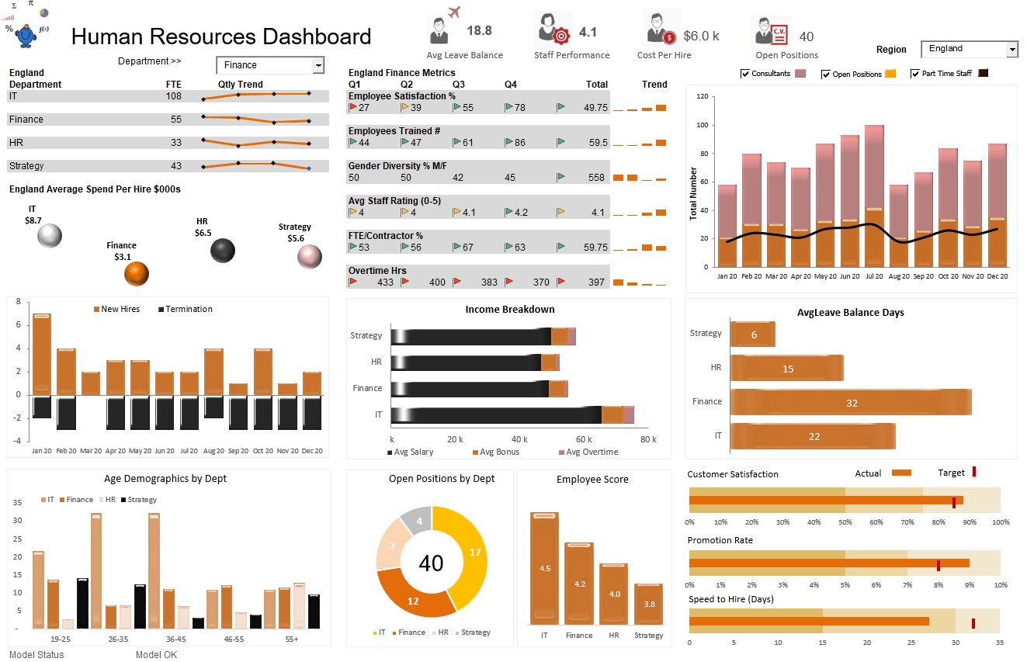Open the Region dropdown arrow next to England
(x=1011, y=50)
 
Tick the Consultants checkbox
(x=745, y=74)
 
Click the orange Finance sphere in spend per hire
(x=136, y=273)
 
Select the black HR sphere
(x=222, y=250)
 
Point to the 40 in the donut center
(x=431, y=563)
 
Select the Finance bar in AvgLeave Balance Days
(x=850, y=402)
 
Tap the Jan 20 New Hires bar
(x=41, y=354)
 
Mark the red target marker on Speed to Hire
(x=973, y=622)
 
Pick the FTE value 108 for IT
(x=174, y=96)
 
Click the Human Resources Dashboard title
(x=221, y=36)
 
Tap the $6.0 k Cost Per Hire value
(x=701, y=36)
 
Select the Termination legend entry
(x=185, y=309)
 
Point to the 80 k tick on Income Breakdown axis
(x=648, y=439)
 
